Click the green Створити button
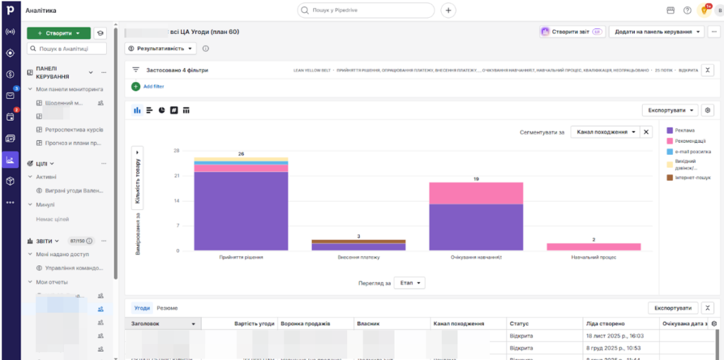pos(58,33)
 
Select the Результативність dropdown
pos(161,49)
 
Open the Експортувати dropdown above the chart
pos(670,110)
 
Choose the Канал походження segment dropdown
pos(605,132)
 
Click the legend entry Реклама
pos(684,129)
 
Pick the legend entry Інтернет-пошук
pos(692,178)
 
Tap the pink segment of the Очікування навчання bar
pos(476,193)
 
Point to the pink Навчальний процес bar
pos(593,247)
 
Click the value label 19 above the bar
pos(476,179)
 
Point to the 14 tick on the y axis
pos(177,201)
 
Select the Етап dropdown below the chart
pos(409,283)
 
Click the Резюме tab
pos(167,308)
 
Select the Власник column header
pos(369,323)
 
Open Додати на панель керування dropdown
pos(657,32)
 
